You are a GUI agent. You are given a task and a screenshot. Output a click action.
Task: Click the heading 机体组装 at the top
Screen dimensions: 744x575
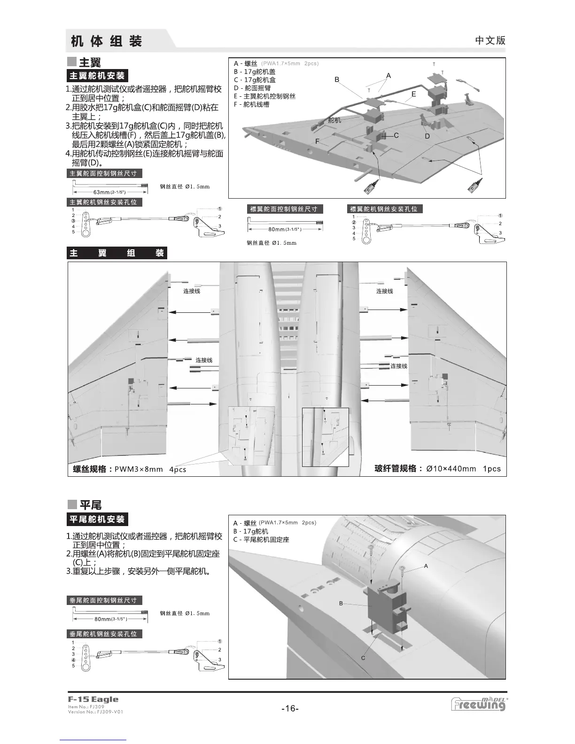[x=106, y=41]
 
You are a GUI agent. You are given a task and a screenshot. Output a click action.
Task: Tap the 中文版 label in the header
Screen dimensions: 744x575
[x=490, y=40]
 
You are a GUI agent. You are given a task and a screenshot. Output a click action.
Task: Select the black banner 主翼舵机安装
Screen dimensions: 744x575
[x=97, y=76]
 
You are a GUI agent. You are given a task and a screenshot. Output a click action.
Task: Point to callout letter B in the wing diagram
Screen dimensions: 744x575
[x=337, y=80]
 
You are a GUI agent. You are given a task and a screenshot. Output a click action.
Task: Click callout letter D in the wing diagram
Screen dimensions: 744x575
[x=427, y=136]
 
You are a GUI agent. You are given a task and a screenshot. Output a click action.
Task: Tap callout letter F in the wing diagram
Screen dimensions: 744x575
[x=318, y=141]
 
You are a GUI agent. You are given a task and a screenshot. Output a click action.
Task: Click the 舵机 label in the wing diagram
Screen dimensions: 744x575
[x=334, y=120]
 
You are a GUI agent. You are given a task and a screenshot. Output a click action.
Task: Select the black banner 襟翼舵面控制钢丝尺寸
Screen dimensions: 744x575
[x=283, y=209]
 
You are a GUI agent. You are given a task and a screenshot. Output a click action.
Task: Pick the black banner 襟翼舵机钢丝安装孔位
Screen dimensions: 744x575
[x=384, y=209]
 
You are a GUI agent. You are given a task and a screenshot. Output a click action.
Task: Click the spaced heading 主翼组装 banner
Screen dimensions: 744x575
[x=117, y=253]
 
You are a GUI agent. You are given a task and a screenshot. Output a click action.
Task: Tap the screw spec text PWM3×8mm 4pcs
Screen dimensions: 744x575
[x=150, y=469]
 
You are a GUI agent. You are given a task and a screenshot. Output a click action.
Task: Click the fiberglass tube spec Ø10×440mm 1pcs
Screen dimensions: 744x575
[x=463, y=468]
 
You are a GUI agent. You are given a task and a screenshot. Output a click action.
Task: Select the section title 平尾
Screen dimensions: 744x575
[x=90, y=505]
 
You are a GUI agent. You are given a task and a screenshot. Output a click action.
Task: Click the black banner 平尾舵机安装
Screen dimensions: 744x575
[x=97, y=519]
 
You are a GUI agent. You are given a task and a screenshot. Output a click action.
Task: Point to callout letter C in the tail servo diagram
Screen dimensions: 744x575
[x=363, y=658]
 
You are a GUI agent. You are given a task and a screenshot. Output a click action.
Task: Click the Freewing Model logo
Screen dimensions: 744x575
[x=479, y=704]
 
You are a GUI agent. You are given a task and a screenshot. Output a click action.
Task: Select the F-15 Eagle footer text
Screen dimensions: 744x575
[x=93, y=699]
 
